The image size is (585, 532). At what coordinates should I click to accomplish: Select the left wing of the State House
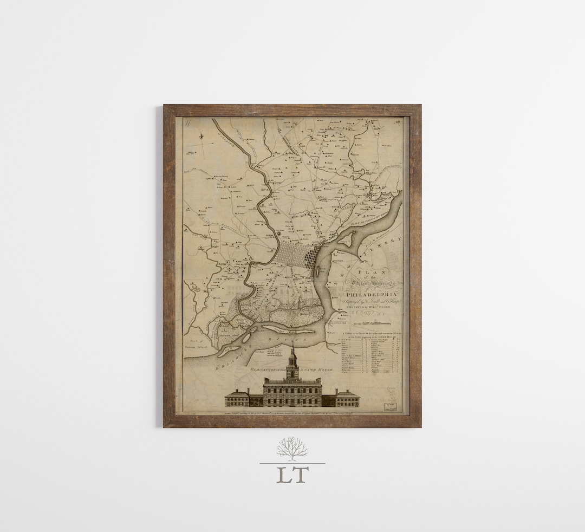237,398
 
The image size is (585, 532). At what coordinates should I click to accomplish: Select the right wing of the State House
347,398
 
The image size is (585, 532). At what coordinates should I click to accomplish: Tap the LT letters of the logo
292,474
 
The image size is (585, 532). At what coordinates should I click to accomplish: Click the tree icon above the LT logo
292,449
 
